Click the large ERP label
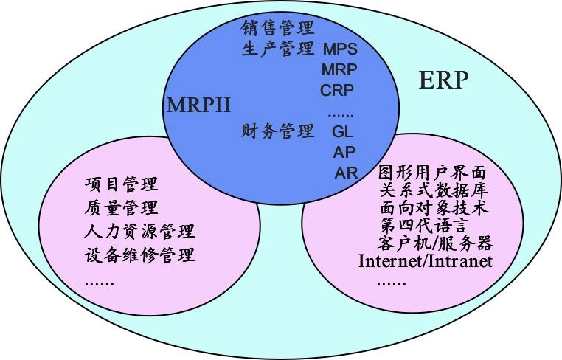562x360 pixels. tap(443, 80)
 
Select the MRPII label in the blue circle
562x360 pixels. tap(198, 104)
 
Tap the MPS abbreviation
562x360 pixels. tap(340, 49)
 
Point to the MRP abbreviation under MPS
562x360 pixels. tap(339, 70)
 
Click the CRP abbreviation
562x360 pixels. tap(337, 91)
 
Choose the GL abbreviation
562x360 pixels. tap(343, 132)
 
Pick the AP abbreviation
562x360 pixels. tap(344, 153)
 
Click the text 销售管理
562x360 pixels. tap(277, 28)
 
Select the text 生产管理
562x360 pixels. tap(277, 49)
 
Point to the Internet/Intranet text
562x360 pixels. tap(426, 261)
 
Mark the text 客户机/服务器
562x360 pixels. tap(435, 243)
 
